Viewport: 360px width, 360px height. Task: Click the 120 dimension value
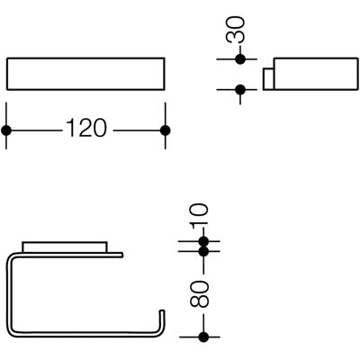(86, 128)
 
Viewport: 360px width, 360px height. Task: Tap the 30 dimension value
(236, 30)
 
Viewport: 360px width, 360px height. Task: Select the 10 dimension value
(199, 214)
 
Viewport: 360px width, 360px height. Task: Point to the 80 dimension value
(199, 294)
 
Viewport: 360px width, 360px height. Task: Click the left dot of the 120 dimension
(6, 130)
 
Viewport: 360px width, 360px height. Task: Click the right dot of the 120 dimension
(166, 130)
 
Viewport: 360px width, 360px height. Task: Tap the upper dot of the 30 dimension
(240, 59)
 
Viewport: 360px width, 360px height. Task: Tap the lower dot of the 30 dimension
(240, 89)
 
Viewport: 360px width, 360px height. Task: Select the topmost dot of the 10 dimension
(203, 241)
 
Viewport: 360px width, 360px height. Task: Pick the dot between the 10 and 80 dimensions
(203, 251)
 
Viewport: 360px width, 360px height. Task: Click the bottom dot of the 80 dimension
(203, 337)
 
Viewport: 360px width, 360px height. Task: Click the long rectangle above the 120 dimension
(85, 74)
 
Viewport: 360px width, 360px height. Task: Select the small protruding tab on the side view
(268, 79)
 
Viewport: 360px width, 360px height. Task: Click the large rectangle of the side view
(316, 74)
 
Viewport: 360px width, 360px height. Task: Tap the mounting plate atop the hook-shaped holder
(64, 247)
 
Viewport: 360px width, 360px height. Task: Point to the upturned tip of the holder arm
(162, 312)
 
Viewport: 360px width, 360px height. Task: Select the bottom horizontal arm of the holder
(84, 333)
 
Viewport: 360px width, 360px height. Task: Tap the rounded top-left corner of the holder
(11, 256)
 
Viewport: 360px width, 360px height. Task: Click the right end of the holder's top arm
(121, 255)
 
